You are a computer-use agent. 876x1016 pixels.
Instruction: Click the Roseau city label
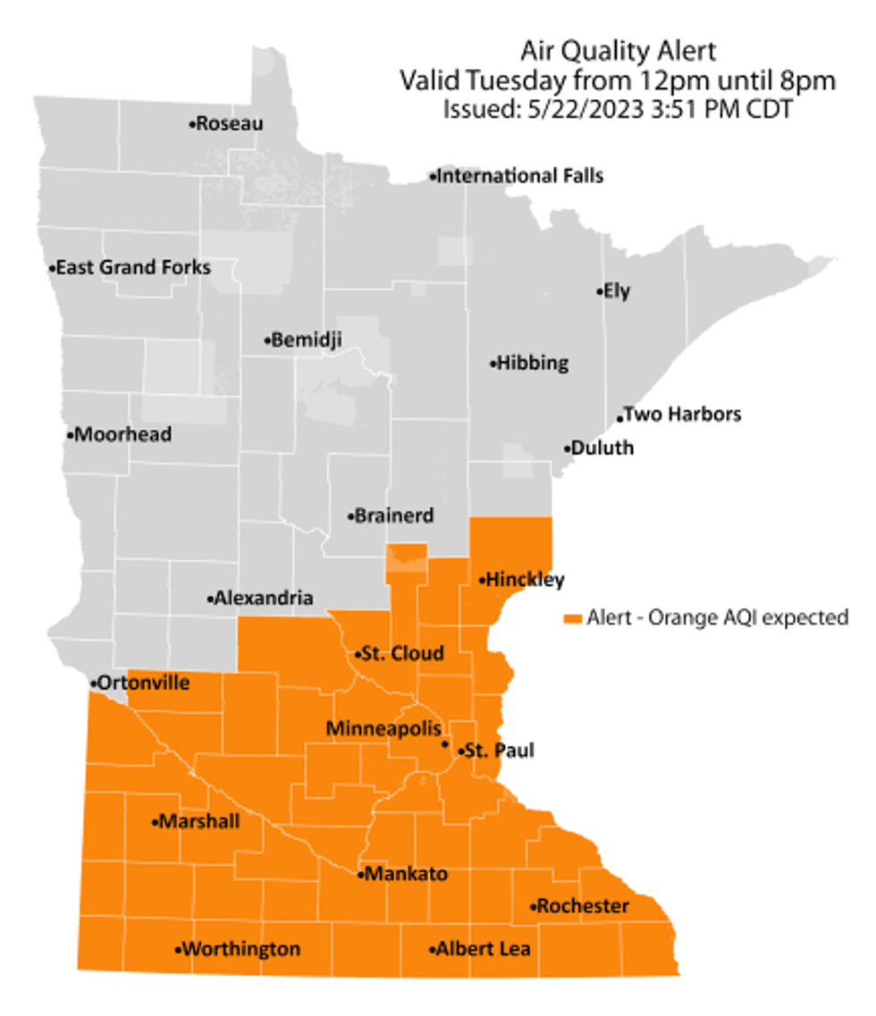(x=230, y=124)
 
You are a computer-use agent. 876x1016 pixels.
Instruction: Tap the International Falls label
(x=519, y=176)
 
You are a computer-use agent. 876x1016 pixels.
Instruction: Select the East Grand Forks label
(x=134, y=267)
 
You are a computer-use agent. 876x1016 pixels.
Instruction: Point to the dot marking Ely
(x=599, y=291)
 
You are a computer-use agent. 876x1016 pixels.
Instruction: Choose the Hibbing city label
(x=533, y=364)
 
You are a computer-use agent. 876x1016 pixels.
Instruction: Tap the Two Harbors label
(x=682, y=415)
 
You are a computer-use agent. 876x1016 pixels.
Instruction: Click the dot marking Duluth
(x=567, y=449)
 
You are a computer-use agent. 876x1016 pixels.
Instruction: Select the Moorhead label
(x=123, y=435)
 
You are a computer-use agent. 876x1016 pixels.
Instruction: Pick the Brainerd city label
(x=394, y=516)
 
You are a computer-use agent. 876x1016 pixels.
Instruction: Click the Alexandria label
(x=263, y=598)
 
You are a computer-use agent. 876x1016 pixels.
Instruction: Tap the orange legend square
(x=573, y=617)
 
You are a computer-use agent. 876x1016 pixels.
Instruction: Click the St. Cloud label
(x=402, y=654)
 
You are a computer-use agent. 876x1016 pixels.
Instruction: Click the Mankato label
(x=406, y=874)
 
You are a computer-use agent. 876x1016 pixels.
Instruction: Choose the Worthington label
(x=240, y=949)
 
